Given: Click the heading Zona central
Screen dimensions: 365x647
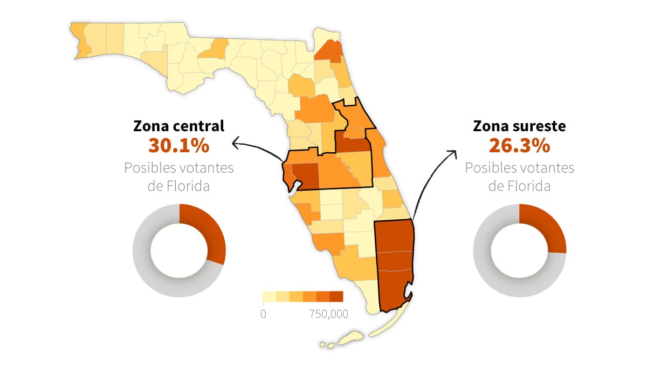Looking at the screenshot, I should point(178,126).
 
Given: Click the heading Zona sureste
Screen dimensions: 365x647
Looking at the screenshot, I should point(519,126).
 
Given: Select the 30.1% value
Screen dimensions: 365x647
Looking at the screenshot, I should point(178,145).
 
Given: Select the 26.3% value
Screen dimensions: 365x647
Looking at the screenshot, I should point(519,145).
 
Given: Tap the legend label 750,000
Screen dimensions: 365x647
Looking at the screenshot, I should point(329,314).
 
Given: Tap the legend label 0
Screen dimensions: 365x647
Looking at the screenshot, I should point(263,314).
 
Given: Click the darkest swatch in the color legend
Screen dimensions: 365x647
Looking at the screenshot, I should point(336,296).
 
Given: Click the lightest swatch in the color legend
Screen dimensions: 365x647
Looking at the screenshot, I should point(269,296).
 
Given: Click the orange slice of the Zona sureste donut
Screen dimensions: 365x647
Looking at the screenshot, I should point(549,229).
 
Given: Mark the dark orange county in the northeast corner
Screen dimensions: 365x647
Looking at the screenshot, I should point(329,52).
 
